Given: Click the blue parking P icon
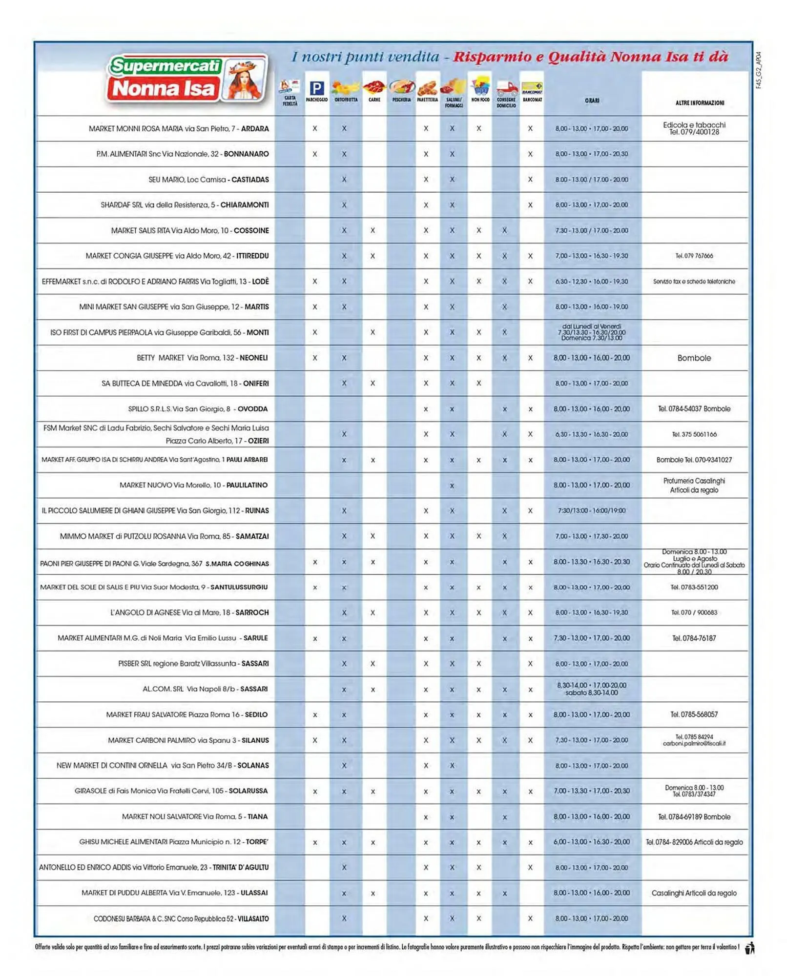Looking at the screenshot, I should [x=316, y=88].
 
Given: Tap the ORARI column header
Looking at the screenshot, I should [x=592, y=101].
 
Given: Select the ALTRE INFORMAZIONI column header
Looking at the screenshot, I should [x=699, y=103].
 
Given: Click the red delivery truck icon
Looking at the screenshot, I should [x=507, y=89].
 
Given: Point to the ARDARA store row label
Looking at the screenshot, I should [x=179, y=129].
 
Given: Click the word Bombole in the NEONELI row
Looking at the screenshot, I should [x=694, y=358].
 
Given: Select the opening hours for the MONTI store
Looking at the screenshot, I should [x=592, y=332].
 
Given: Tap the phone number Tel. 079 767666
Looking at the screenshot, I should [x=694, y=256].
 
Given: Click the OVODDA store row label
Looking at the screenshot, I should [x=198, y=409].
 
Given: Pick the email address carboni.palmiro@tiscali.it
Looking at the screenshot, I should [x=694, y=743].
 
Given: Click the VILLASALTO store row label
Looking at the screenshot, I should [x=181, y=918].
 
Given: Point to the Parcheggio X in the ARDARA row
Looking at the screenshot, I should [x=315, y=129].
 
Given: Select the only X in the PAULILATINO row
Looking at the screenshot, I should [x=452, y=486].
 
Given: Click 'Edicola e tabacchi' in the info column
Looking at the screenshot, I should [x=694, y=125].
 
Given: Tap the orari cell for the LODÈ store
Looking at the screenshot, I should [x=592, y=282].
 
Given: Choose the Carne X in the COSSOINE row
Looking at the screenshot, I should [x=373, y=230].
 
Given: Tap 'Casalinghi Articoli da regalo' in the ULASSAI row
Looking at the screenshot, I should [x=694, y=893].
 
